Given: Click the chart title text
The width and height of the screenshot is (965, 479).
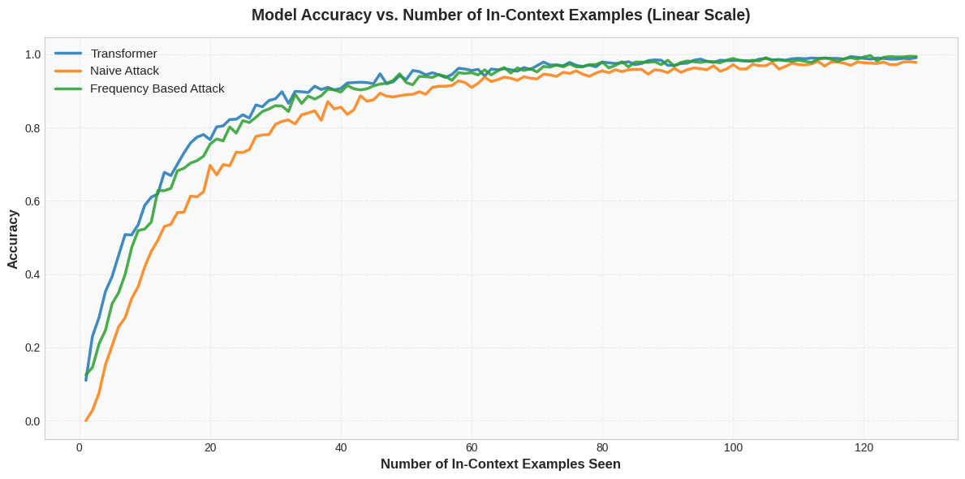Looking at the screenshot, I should [x=500, y=15].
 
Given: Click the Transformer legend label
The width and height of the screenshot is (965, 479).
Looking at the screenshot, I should [x=123, y=54].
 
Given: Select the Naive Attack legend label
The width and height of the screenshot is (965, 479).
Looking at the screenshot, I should [x=124, y=71].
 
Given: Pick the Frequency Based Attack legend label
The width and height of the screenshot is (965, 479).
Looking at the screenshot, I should [x=157, y=88].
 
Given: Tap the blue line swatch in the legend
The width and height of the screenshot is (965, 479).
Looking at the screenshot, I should [x=68, y=54].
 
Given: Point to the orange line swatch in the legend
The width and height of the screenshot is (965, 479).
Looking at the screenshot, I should [x=68, y=71].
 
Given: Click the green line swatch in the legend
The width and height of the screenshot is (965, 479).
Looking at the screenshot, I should [x=68, y=88].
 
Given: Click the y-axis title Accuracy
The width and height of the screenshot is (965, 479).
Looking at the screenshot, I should [x=13, y=239].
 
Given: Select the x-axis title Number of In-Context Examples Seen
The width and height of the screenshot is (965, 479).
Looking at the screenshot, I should [x=500, y=464].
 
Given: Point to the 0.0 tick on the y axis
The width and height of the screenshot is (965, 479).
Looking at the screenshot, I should [x=32, y=421].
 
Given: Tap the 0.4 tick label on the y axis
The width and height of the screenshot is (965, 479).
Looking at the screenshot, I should [x=32, y=274].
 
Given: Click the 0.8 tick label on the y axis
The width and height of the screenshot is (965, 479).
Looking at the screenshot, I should [x=32, y=128].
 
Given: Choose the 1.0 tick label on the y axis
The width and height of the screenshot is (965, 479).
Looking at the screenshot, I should [x=32, y=54].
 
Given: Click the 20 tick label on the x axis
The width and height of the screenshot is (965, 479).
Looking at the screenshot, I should [x=210, y=447].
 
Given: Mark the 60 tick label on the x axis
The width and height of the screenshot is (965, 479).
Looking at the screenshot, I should [x=472, y=447].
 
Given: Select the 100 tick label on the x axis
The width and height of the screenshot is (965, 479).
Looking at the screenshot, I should [x=733, y=447].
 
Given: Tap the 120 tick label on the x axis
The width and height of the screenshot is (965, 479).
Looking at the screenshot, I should [x=864, y=447].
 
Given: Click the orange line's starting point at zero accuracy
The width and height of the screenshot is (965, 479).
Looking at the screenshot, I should [x=86, y=421].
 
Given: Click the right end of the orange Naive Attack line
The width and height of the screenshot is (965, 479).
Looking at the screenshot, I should [x=915, y=63].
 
